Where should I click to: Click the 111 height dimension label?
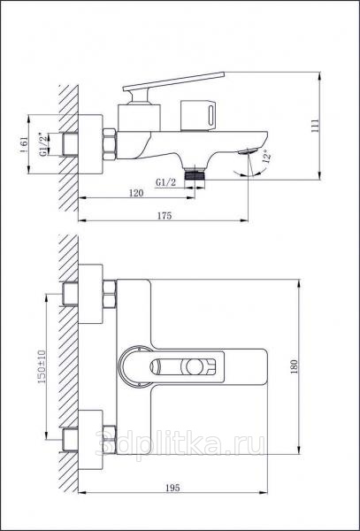coord(314,126)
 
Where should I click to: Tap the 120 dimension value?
coord(136,193)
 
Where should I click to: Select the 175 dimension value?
coord(165,216)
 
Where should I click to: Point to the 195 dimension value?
coord(172,488)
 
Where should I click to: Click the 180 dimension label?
coord(294,366)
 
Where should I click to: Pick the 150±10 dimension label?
coord(42,366)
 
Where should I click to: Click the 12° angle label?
coord(267,157)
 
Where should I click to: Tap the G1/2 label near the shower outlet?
coord(165,182)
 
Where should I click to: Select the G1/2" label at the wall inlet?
coord(43,144)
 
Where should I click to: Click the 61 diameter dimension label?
coord(24,144)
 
